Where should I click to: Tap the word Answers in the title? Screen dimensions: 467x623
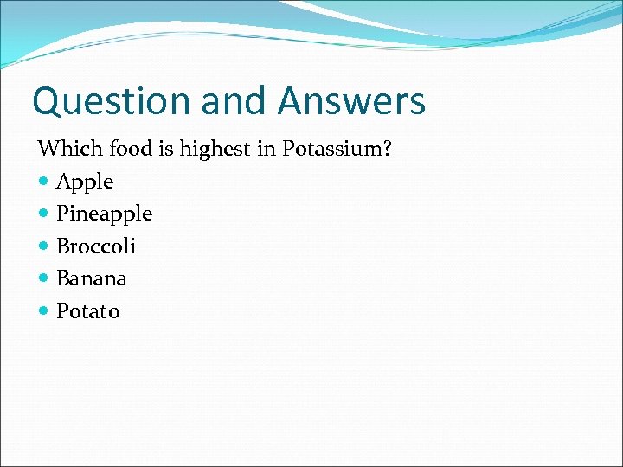coord(351,101)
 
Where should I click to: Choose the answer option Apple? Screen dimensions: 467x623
coord(85,182)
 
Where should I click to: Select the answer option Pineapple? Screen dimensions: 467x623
coord(104,214)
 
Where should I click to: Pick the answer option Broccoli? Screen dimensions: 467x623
coord(96,246)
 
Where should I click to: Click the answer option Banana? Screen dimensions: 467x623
coord(92,278)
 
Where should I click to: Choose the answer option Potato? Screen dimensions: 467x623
coord(88,311)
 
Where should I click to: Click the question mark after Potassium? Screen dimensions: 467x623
coord(388,149)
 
